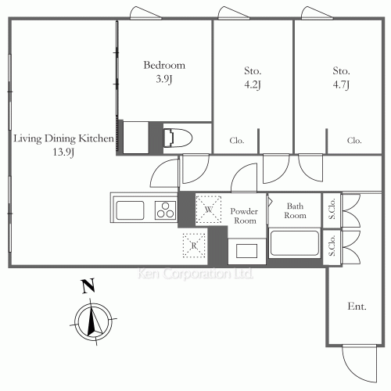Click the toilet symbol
tap(178, 138)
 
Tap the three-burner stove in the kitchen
tap(166, 210)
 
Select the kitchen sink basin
tap(130, 210)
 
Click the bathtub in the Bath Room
tap(295, 243)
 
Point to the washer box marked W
tap(208, 210)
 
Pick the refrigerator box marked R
tap(194, 246)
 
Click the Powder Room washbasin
tap(246, 251)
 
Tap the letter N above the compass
tap(88, 286)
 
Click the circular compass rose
tap(93, 322)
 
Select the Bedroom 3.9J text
tap(164, 72)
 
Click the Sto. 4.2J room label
tap(253, 77)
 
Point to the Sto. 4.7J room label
tap(341, 77)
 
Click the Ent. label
tap(357, 306)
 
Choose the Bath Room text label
tap(295, 210)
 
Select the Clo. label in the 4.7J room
tap(354, 141)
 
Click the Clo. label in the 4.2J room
tap(237, 141)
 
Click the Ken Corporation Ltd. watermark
tap(195, 274)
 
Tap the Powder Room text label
tap(244, 216)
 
